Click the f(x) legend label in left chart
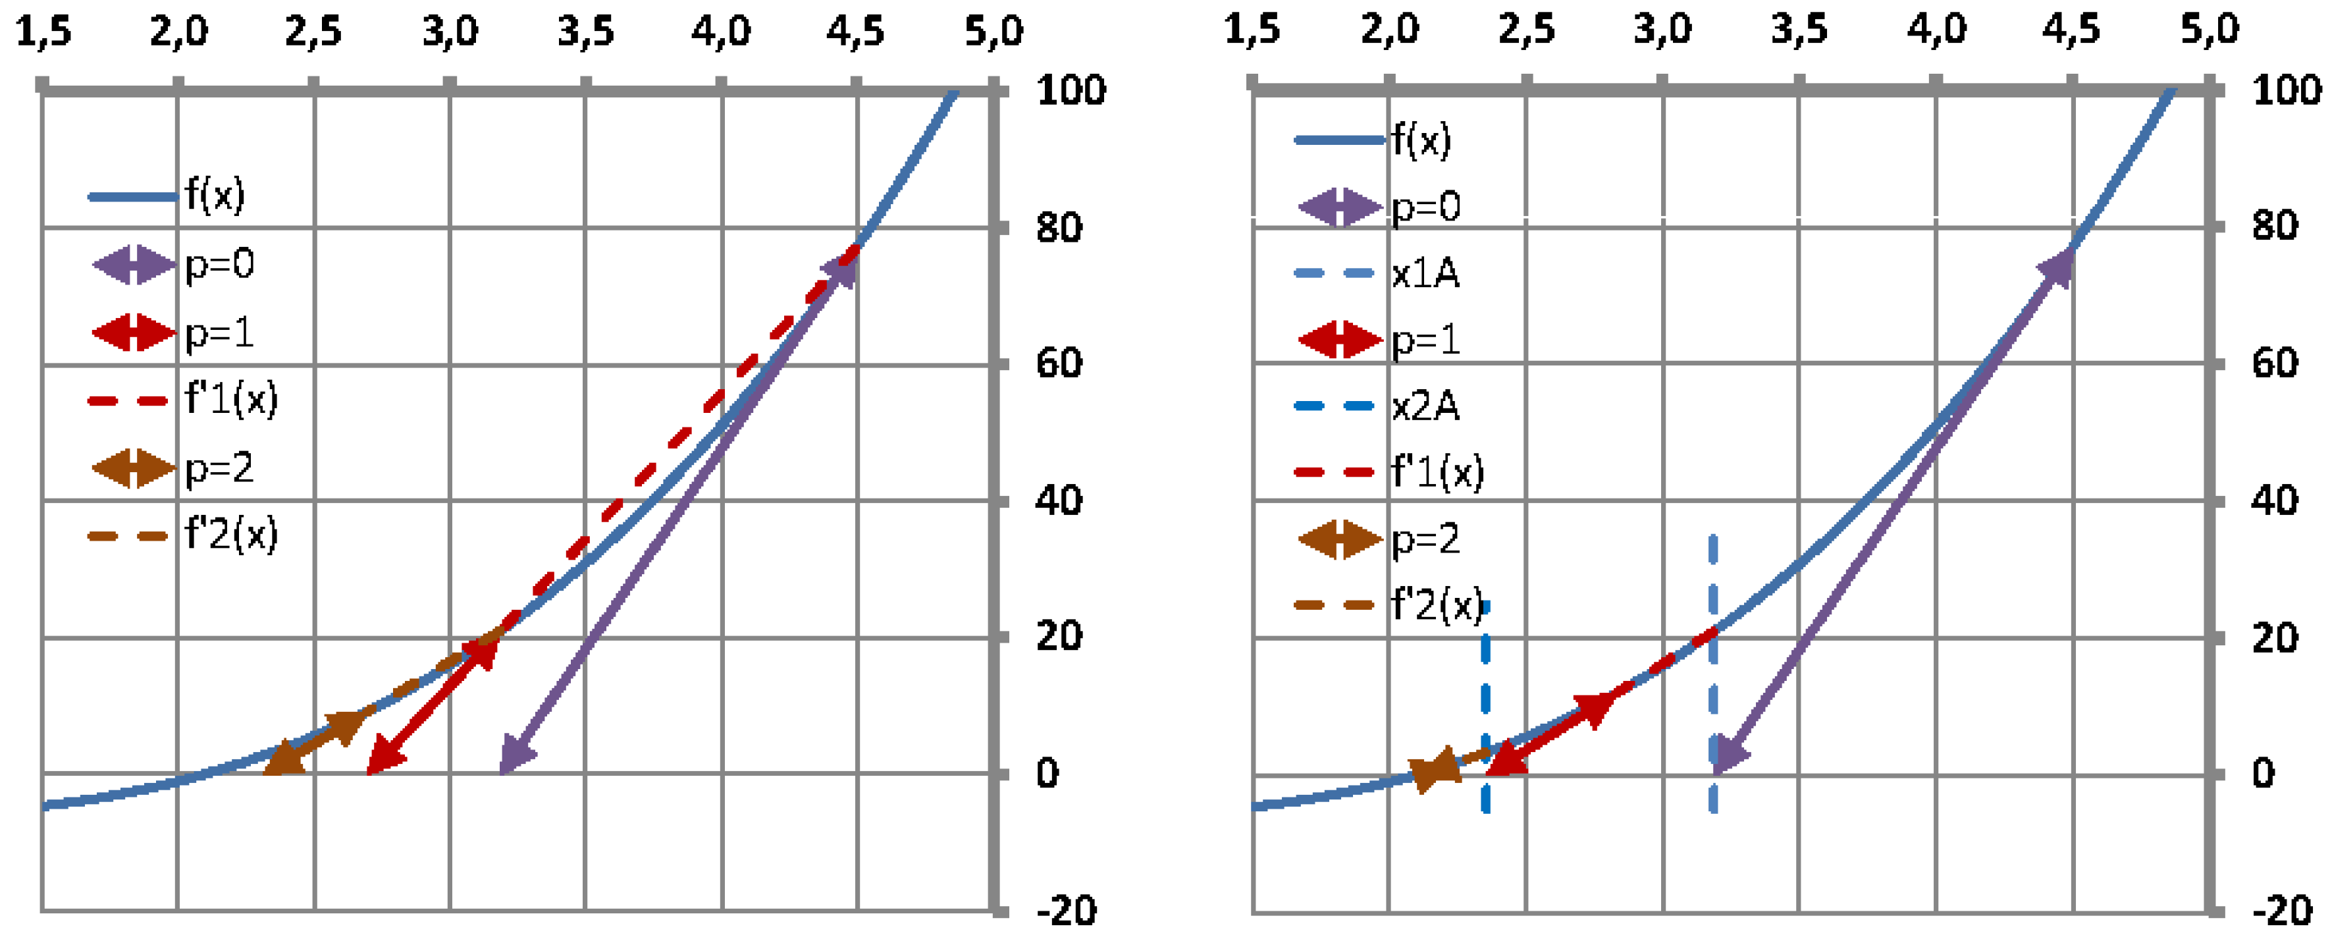(x=215, y=194)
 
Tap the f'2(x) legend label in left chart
(x=230, y=534)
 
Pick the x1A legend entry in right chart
(x=1425, y=273)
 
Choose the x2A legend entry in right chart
(x=1425, y=406)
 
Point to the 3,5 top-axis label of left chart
(x=585, y=32)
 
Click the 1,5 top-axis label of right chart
(x=1252, y=30)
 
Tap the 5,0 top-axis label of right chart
(x=2209, y=30)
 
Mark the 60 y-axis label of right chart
(x=2274, y=363)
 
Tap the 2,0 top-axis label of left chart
(x=178, y=32)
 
